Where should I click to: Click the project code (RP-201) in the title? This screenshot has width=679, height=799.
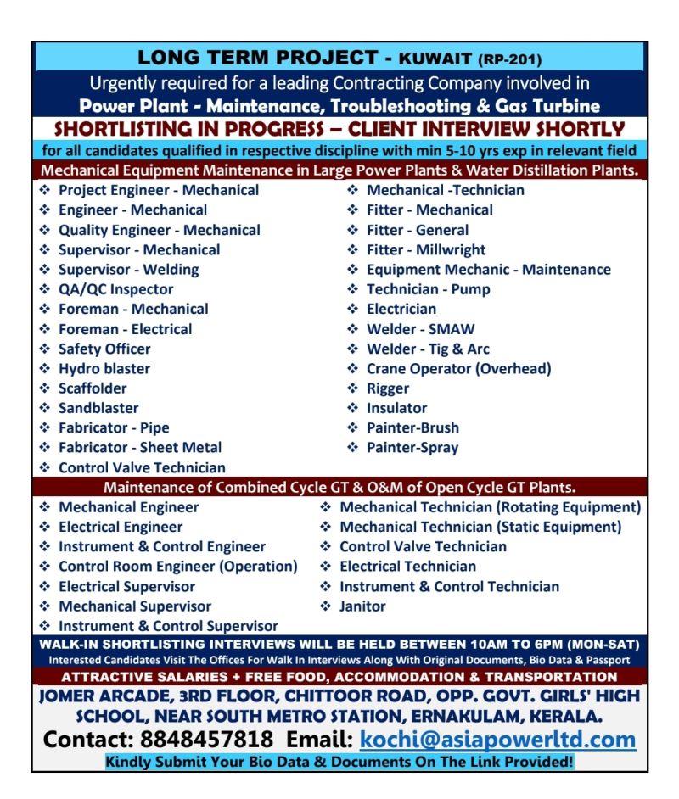click(x=510, y=60)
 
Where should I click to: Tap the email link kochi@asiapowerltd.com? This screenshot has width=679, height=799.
click(x=497, y=740)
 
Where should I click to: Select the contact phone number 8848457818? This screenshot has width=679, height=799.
click(x=207, y=740)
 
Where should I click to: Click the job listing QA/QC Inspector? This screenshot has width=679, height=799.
click(x=115, y=289)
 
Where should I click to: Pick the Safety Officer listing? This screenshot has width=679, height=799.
click(x=104, y=349)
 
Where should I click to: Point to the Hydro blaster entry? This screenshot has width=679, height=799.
click(x=104, y=369)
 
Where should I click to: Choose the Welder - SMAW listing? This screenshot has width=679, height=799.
click(x=420, y=329)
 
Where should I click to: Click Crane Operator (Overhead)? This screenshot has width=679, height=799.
click(x=458, y=369)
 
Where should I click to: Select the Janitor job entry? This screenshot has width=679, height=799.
click(x=362, y=606)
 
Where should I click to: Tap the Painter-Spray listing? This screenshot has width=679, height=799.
click(x=412, y=448)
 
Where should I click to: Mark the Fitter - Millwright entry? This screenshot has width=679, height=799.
click(x=426, y=250)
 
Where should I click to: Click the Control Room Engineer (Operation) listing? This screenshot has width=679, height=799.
click(x=177, y=567)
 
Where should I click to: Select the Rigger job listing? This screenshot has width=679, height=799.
click(x=388, y=388)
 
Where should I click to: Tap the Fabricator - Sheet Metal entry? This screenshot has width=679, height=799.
click(x=140, y=448)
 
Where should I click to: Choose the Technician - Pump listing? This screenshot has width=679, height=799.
click(x=428, y=289)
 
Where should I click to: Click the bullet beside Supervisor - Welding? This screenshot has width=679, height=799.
click(x=45, y=270)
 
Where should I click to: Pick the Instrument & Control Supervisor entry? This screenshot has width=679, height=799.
click(x=168, y=627)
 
